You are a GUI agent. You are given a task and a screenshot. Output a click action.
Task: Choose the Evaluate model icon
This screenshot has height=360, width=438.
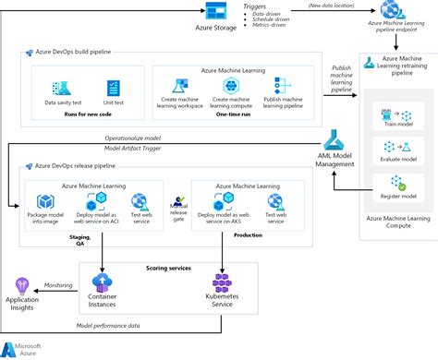click(x=387, y=148)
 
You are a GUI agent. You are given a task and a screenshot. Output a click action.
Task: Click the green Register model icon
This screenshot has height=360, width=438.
click(x=387, y=181)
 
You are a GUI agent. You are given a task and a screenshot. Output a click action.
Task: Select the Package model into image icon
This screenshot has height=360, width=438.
click(x=44, y=201)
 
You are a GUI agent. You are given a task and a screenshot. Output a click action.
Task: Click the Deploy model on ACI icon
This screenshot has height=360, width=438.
click(x=95, y=201)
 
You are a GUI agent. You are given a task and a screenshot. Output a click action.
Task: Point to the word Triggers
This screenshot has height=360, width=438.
click(x=256, y=6)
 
